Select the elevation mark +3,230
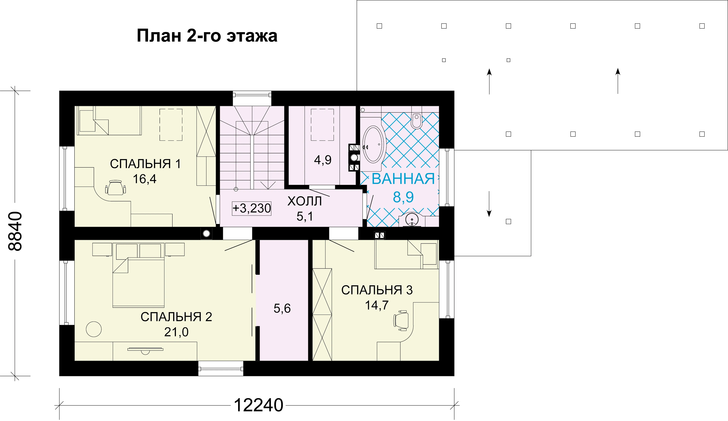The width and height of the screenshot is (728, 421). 252,208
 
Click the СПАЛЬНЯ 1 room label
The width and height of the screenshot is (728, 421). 145,164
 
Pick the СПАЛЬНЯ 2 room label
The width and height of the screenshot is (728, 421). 176,317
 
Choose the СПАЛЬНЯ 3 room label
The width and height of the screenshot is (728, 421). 377,290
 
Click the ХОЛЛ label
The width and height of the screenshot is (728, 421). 305,201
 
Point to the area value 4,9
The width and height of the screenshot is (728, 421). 323,160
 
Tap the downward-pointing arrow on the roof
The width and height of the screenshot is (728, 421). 489,204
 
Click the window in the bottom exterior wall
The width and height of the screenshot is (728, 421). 221,368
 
